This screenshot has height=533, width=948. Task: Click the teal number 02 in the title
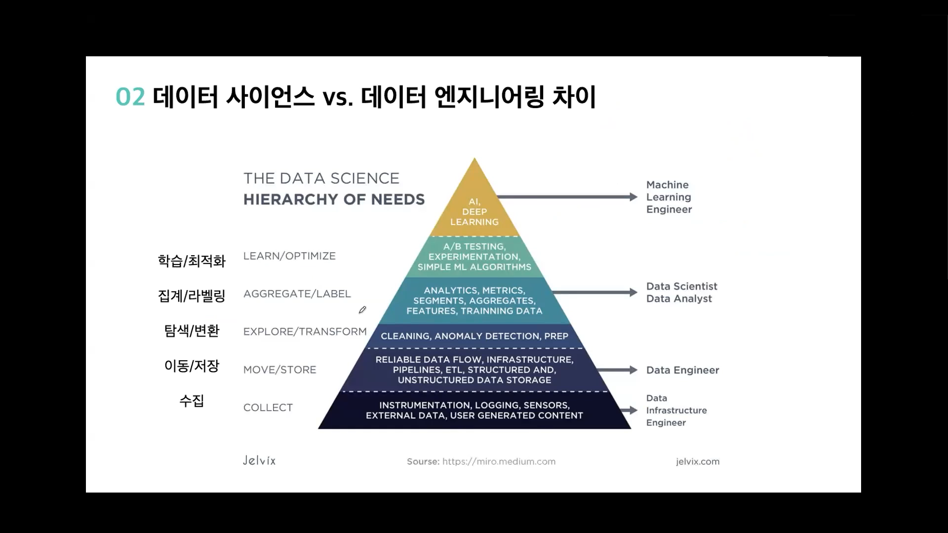pos(130,97)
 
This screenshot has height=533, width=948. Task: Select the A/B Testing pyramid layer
pos(474,257)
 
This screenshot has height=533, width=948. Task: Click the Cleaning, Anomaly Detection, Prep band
pos(474,336)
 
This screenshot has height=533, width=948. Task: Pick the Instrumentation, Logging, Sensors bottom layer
pos(474,410)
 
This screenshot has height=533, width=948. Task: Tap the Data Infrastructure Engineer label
pos(676,410)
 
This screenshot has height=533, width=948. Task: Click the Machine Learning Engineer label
pos(669,197)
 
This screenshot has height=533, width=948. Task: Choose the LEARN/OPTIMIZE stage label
pos(289,256)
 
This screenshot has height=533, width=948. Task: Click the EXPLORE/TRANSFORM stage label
pos(305,332)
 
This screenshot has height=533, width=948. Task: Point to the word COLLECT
pos(268,408)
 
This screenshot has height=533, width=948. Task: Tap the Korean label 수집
pos(192,401)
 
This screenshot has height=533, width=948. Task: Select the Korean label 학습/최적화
pos(192,261)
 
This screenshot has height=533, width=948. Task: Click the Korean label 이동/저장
pos(192,366)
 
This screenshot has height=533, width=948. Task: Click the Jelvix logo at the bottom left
pos(259,460)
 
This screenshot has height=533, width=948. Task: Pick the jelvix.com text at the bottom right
pos(698,461)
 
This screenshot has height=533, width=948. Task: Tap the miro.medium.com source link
pos(499,461)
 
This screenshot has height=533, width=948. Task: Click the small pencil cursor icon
pos(362,310)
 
